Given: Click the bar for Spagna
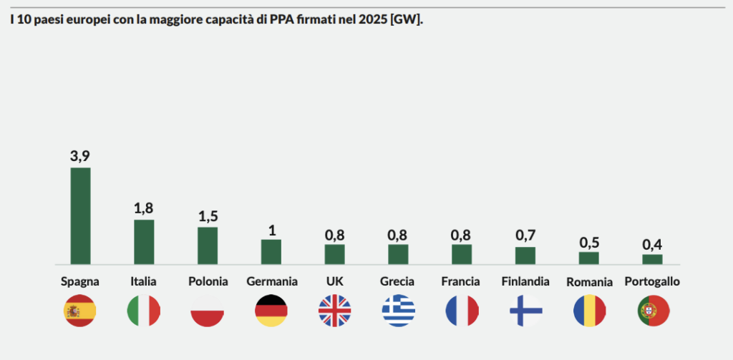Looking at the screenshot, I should click(80, 216).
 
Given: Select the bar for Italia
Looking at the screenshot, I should click(144, 242).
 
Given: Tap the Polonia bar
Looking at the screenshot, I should click(208, 246).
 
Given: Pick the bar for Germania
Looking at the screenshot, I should click(271, 252).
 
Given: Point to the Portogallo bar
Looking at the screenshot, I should click(653, 259).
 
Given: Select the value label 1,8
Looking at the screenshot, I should click(144, 208).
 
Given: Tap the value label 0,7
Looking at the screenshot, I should click(525, 235).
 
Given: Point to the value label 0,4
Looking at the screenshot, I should click(653, 243).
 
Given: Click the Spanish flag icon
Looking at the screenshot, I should click(80, 311).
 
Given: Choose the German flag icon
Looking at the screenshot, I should click(271, 311).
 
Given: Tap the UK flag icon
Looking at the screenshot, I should click(335, 311).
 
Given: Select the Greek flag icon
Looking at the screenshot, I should click(399, 311).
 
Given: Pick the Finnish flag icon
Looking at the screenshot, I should click(525, 311).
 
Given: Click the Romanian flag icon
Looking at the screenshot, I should click(589, 311).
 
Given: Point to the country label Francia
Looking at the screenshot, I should click(462, 281).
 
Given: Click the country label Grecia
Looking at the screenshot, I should click(399, 281).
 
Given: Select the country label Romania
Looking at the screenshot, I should click(589, 282).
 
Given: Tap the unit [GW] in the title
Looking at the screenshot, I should click(406, 20).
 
